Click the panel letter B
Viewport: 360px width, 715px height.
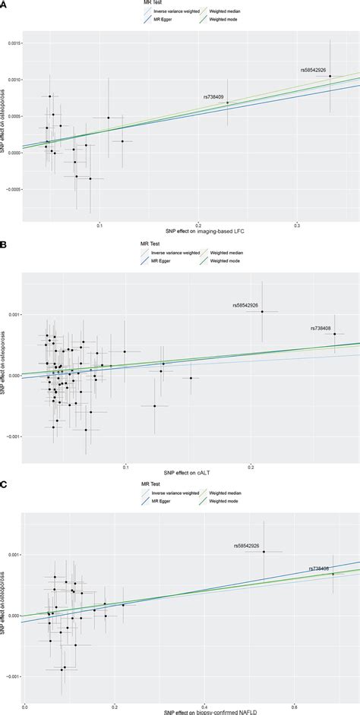coord(4,244)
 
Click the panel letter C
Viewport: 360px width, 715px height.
coord(4,482)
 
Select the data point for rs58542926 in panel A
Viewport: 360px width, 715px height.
coord(330,76)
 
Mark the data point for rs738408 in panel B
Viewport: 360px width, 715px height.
coord(334,334)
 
